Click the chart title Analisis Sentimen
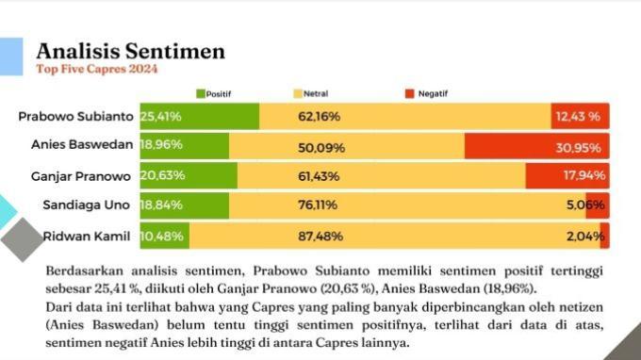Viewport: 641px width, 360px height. point(130,51)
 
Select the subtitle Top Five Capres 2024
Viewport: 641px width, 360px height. point(96,69)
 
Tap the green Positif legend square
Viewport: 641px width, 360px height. point(200,94)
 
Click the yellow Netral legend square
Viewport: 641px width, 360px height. point(298,94)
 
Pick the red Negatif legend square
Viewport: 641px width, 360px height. point(410,94)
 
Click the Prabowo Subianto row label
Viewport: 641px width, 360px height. point(75,117)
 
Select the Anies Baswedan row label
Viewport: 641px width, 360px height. point(82,144)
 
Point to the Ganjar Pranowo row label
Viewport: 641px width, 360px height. point(81,176)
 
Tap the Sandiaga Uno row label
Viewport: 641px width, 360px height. point(87,205)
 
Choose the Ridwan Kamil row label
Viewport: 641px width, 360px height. point(87,237)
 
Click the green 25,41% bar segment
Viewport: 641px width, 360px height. point(200,117)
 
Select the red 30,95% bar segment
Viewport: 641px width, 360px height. point(536,146)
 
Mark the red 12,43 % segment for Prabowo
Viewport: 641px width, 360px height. point(580,117)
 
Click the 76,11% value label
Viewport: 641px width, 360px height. point(318,205)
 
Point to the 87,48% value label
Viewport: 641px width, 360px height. point(320,237)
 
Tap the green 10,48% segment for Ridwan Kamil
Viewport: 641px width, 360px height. point(165,237)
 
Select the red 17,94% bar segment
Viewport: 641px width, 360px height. point(567,175)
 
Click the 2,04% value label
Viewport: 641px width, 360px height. point(585,237)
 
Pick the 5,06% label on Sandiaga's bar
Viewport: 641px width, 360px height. point(585,205)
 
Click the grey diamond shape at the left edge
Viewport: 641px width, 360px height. point(22,240)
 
